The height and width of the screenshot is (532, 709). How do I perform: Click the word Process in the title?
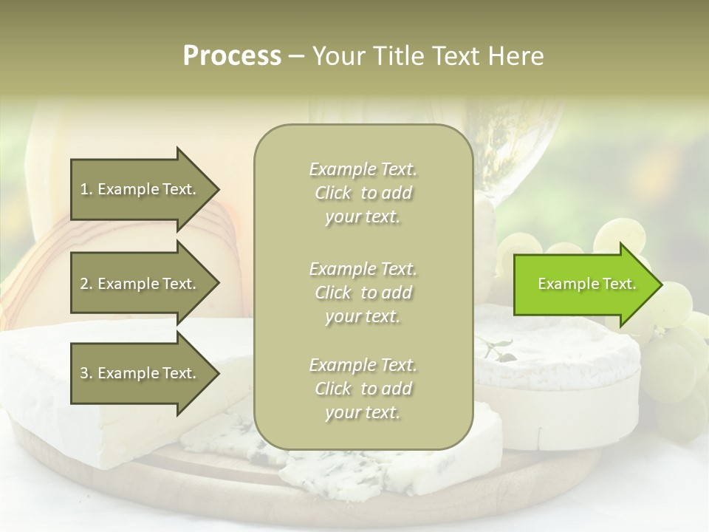point(232,56)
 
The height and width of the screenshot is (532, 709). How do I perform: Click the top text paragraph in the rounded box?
point(363,193)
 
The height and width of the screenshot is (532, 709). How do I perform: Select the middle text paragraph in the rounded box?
point(363,292)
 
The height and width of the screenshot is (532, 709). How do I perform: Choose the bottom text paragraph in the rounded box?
point(363,389)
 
